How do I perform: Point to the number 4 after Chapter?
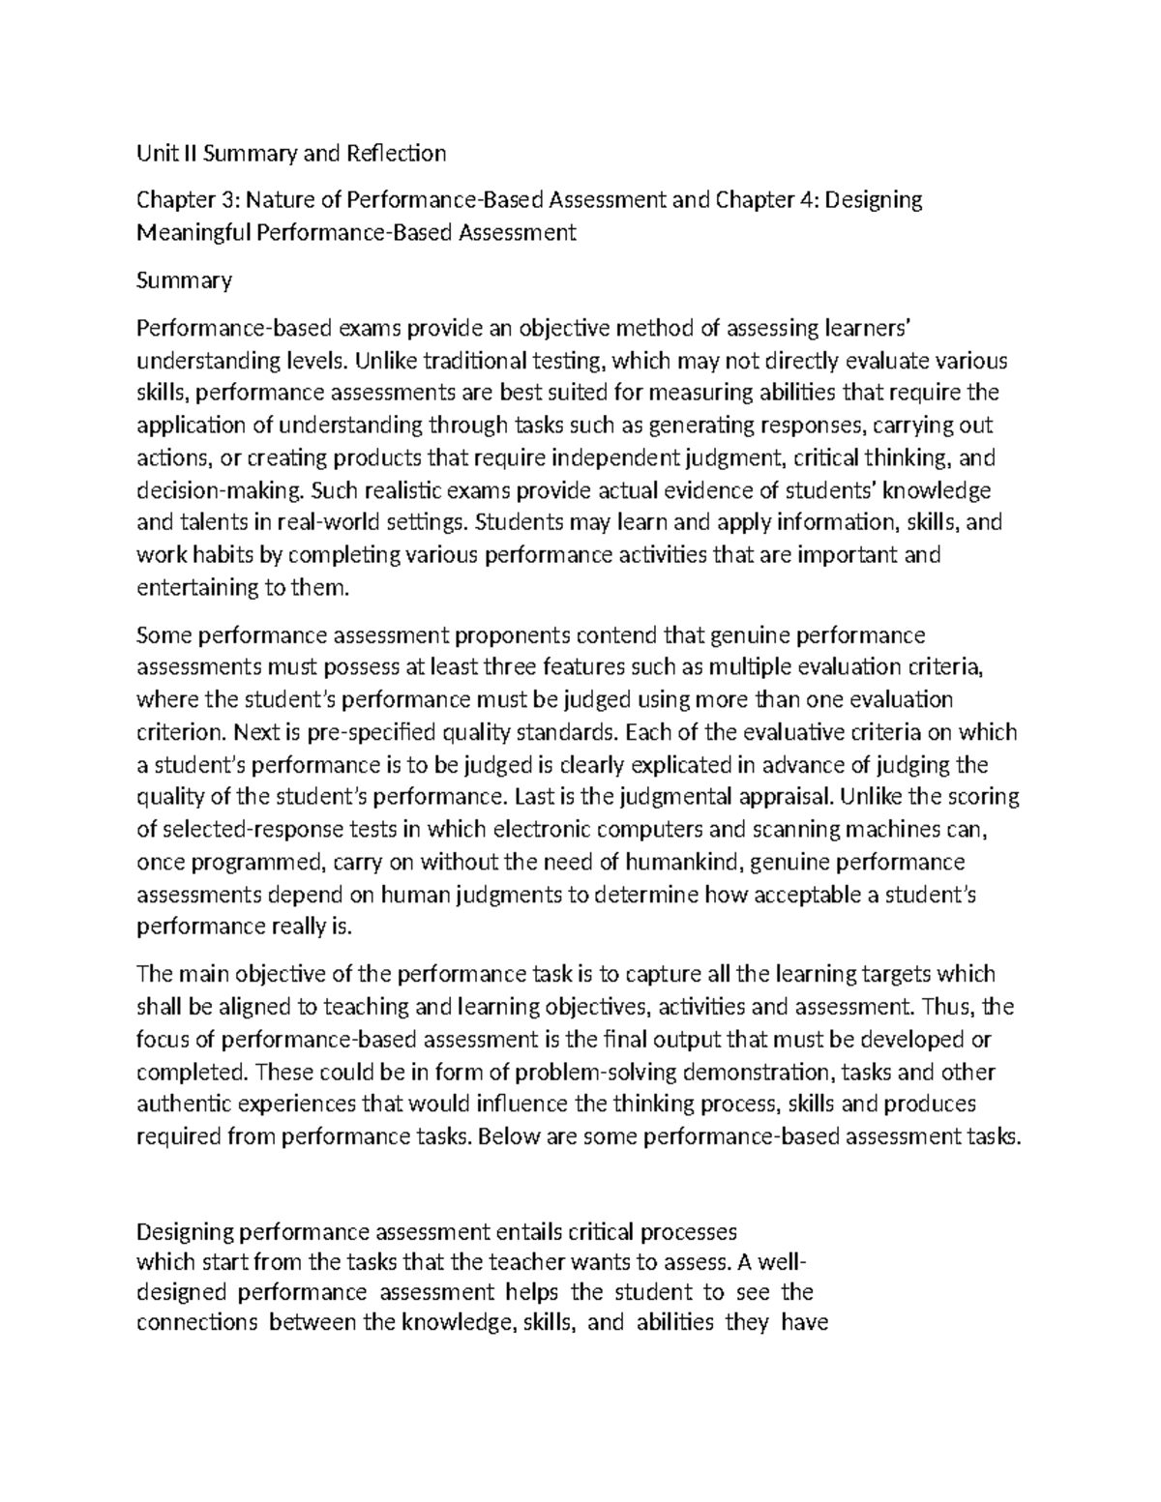811,200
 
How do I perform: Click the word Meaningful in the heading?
188,233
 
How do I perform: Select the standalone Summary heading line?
184,280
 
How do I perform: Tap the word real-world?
323,523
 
